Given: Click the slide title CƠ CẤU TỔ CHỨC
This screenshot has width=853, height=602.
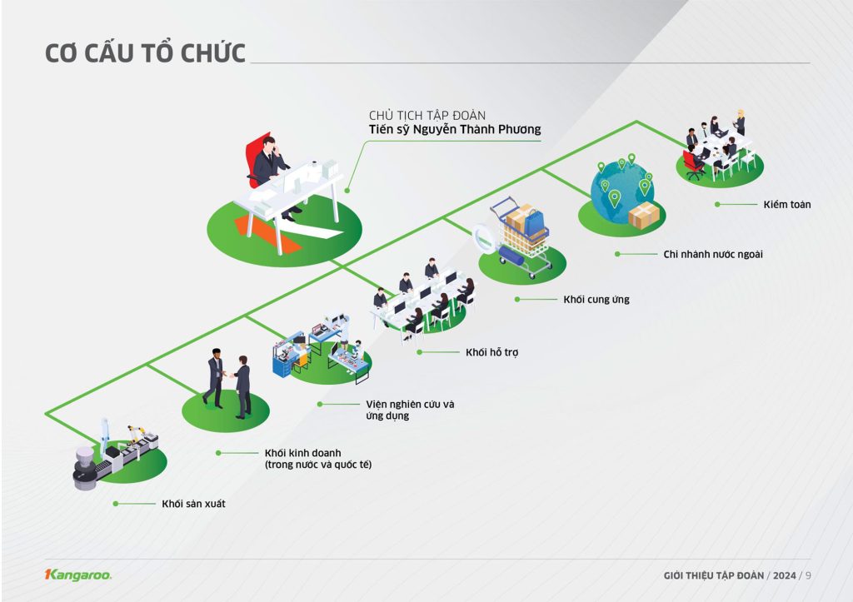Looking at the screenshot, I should [x=145, y=53].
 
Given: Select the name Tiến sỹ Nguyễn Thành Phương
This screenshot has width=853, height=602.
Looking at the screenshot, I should [x=455, y=129].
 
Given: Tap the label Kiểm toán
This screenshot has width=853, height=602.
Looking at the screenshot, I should [x=786, y=204].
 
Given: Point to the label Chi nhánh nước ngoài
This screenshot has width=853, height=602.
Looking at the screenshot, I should [x=712, y=254].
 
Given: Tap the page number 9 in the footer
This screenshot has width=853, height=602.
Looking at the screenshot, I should [x=808, y=575].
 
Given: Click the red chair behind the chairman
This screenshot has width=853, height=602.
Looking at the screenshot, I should [x=256, y=158].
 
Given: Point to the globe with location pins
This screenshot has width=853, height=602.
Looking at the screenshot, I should [x=621, y=190].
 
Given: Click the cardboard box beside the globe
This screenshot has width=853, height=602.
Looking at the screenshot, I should [x=644, y=216].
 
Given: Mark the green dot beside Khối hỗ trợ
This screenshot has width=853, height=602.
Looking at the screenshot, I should [x=421, y=352].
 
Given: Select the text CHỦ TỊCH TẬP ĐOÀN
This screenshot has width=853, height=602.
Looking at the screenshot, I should [x=427, y=114].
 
